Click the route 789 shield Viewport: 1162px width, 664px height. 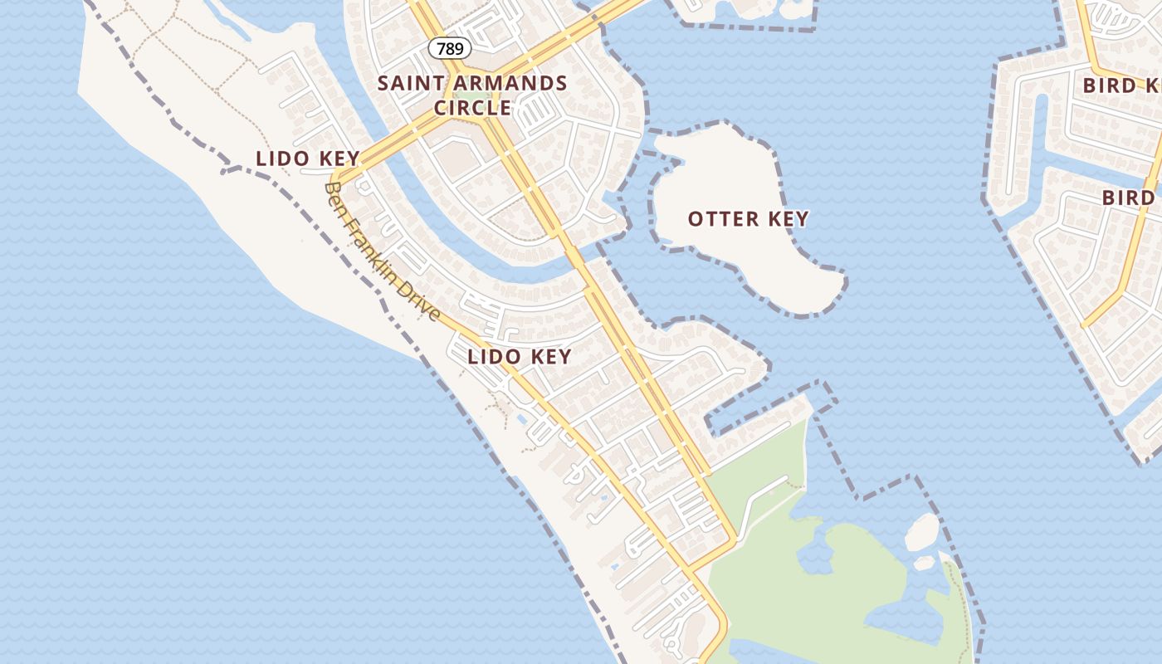[x=450, y=49]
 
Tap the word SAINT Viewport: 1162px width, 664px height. [x=405, y=84]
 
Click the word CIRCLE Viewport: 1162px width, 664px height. [x=472, y=109]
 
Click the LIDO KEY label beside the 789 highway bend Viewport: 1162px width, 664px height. [x=308, y=159]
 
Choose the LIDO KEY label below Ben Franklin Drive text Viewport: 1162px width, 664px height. [x=520, y=357]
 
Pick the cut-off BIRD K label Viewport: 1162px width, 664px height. [x=1120, y=85]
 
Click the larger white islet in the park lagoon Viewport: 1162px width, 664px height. [x=922, y=532]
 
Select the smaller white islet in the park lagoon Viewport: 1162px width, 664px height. [x=924, y=563]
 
